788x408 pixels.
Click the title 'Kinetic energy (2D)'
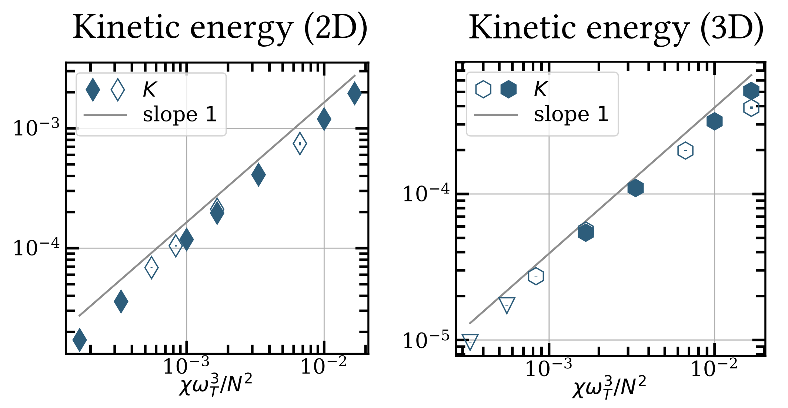pos(220,29)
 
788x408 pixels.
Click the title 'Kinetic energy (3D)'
pos(616,29)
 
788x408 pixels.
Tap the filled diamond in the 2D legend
pos(93,90)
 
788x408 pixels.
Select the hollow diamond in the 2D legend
pos(118,90)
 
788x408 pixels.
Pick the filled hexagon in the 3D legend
pos(508,90)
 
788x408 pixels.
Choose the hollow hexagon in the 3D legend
pos(483,90)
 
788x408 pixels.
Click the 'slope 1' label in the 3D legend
pos(571,114)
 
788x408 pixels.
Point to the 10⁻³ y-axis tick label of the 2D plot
pos(36,128)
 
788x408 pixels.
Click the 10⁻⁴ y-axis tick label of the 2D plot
pos(36,248)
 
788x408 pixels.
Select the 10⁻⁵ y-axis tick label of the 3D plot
pos(426,340)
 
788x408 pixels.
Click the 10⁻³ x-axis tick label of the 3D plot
pos(548,368)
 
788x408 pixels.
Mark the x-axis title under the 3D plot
pos(609,387)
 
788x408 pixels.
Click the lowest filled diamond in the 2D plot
pos(80,339)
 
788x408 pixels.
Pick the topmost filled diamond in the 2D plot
pos(354,93)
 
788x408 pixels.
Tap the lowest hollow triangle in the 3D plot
pos(470,342)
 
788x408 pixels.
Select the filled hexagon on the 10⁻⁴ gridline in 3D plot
pos(635,188)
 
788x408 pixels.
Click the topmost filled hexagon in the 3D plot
pos(751,90)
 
